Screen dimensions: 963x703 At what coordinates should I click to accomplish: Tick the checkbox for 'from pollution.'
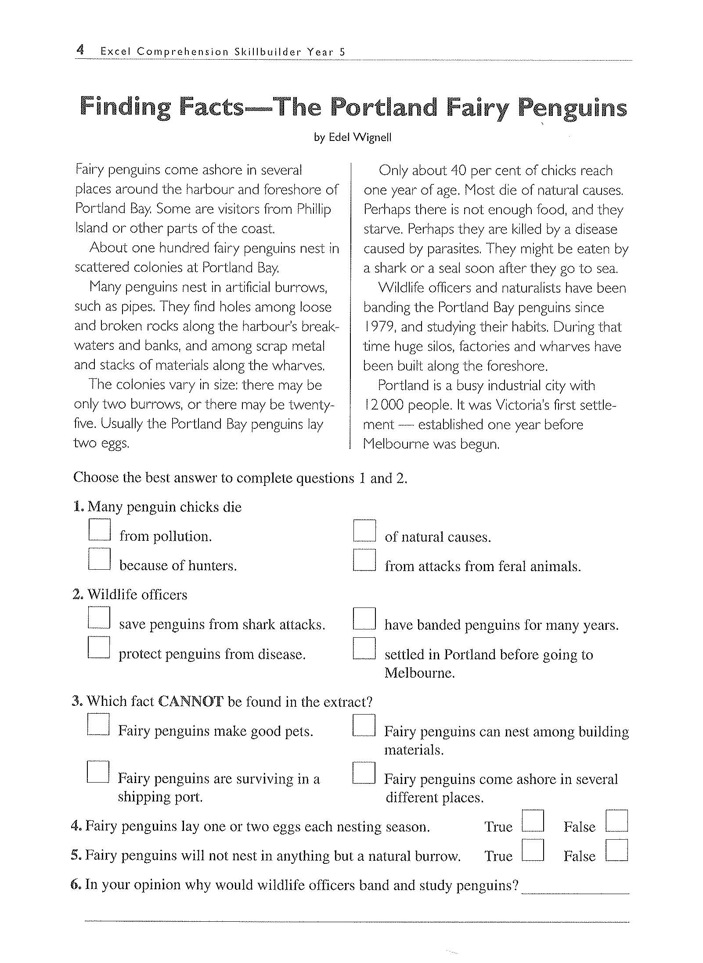click(x=99, y=530)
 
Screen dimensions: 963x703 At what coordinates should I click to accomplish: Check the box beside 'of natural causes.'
click(x=364, y=531)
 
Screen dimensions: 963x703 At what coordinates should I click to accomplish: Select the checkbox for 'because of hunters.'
click(x=99, y=559)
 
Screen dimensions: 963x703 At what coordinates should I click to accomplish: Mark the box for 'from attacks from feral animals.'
click(x=364, y=560)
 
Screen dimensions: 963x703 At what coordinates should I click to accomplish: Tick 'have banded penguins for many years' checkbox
click(x=364, y=618)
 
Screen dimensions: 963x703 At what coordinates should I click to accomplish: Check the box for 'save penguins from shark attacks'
click(x=99, y=617)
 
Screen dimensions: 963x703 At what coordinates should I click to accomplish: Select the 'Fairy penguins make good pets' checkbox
click(x=98, y=724)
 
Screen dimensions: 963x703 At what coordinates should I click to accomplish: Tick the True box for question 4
click(x=533, y=821)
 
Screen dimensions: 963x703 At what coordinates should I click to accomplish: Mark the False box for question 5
click(x=616, y=850)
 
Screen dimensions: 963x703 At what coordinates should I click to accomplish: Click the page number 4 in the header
click(x=80, y=50)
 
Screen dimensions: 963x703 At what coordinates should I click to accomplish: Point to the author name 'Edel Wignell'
click(x=360, y=137)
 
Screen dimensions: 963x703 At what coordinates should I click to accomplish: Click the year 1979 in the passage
click(x=380, y=327)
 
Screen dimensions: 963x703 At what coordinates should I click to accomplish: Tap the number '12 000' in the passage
click(x=383, y=405)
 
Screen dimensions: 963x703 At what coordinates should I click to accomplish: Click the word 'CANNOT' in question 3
click(x=191, y=701)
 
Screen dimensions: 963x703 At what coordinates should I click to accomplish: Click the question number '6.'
click(x=76, y=884)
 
